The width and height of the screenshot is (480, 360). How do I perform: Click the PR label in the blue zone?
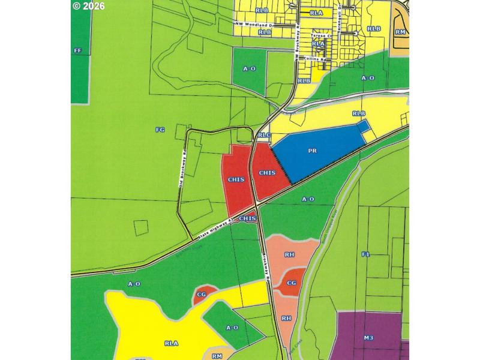pos(312,151)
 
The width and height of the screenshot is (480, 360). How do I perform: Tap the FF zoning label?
pos(77,51)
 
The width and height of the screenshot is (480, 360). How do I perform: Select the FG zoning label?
pos(160,129)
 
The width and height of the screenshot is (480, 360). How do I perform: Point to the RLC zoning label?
pos(265,136)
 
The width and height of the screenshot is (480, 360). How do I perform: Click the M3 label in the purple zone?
pos(368,338)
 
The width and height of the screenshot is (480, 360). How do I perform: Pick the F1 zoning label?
pos(366,254)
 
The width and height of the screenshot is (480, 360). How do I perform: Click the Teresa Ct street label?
pos(317,35)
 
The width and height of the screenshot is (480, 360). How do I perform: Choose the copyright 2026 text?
pos(88,6)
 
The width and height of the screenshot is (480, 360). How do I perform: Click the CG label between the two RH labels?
pos(292,283)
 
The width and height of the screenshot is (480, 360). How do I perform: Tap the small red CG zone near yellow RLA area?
pos(202,295)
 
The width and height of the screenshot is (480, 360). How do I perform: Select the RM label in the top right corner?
pos(401,31)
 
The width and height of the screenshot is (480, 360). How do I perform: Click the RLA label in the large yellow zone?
pos(171,343)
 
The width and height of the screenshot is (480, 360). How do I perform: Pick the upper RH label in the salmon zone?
pos(289,255)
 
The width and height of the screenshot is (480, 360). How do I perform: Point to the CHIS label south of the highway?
pos(247,219)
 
